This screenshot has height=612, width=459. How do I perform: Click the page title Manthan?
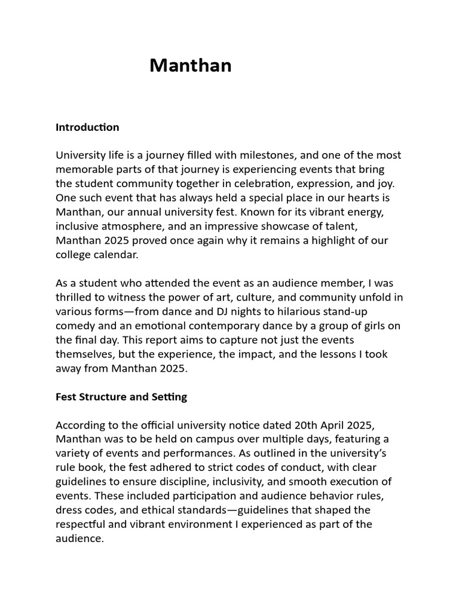point(190,65)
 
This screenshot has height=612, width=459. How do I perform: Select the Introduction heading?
point(87,127)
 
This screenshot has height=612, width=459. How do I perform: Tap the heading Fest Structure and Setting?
point(121,397)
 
